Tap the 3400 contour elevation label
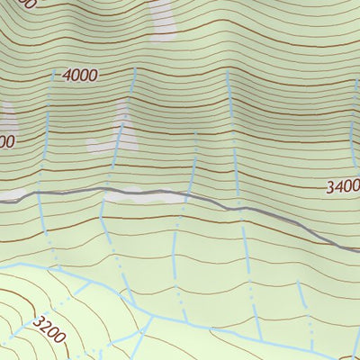click(343, 187)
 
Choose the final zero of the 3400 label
click(355, 187)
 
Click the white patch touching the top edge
click(163, 18)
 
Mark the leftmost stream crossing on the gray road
click(40, 194)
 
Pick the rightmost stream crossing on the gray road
click(240, 208)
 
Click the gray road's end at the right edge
click(356, 249)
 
